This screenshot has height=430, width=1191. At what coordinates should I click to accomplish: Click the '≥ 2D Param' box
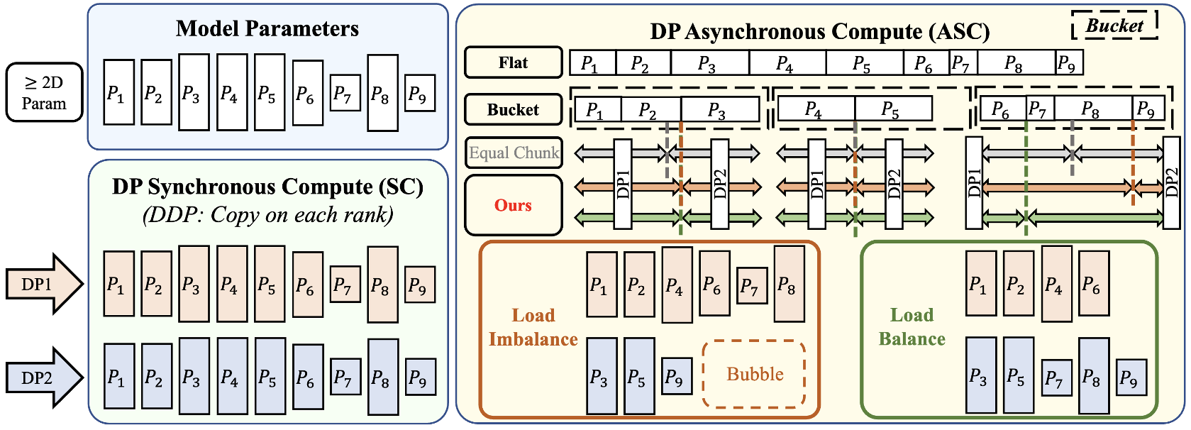coord(44,92)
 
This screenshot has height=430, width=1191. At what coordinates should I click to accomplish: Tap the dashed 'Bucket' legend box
coord(1114,26)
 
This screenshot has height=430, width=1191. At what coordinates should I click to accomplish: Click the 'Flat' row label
coord(513,62)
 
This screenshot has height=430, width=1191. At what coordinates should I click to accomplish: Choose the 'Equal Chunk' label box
coord(514,153)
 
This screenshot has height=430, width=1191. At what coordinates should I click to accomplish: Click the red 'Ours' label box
coord(513,205)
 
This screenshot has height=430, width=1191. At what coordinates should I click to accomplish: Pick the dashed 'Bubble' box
coord(754,374)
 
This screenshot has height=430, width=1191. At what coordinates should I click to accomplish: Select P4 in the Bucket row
coord(814,109)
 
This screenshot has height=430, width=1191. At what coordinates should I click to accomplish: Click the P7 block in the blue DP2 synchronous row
coord(344,377)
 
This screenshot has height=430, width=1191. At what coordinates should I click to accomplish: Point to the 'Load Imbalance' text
coord(533,327)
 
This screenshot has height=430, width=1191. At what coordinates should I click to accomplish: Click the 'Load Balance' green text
coord(912,327)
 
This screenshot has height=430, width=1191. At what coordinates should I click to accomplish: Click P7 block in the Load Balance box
coord(1055,378)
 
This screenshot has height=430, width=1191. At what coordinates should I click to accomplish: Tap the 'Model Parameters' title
coord(267,28)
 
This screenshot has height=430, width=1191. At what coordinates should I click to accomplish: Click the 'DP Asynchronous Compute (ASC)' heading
coord(819,31)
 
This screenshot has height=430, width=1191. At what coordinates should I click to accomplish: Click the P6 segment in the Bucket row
coord(1002,109)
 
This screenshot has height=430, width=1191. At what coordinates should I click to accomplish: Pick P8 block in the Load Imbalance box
coord(788,284)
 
